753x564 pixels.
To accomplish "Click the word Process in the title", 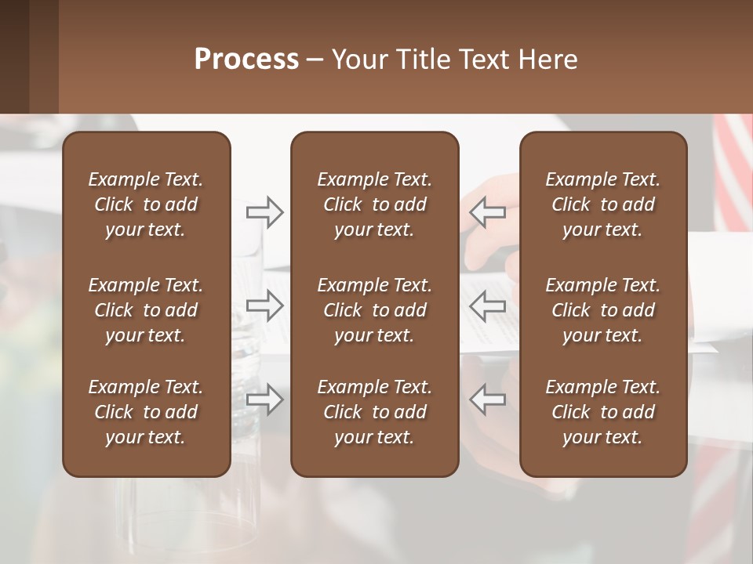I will (246, 60).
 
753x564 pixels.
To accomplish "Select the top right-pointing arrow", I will (264, 212).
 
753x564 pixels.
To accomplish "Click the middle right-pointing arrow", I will (264, 306).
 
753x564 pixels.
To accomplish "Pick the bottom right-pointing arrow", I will (264, 399).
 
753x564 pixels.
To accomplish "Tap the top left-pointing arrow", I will (488, 212).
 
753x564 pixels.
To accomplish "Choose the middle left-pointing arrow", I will (488, 306).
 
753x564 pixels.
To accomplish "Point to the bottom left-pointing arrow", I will (488, 399).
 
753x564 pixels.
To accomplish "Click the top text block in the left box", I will (146, 204).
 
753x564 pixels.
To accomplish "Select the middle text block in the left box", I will (146, 310).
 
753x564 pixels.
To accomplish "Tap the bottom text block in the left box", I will (146, 412).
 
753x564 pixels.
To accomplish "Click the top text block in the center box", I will (374, 204).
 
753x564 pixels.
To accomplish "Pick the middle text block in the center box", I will (374, 310).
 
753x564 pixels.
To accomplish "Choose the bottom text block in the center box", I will (374, 412).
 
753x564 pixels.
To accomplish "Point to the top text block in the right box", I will (602, 204).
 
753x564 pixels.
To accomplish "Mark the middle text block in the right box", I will (602, 310).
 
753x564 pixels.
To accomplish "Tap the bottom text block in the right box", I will (602, 412).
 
